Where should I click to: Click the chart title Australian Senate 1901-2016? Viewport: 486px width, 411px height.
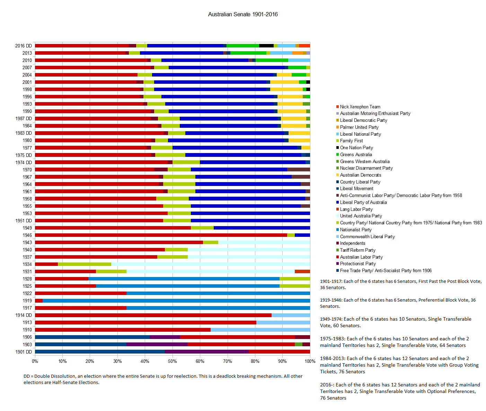point(242,15)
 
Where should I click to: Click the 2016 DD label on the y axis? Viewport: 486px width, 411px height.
point(23,46)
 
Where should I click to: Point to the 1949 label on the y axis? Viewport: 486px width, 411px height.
point(27,228)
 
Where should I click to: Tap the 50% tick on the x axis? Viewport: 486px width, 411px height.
point(172,361)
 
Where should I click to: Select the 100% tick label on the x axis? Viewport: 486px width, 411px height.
point(310,361)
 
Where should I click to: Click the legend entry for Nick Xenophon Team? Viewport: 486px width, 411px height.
point(360,107)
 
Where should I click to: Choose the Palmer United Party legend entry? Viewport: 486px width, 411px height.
point(359,127)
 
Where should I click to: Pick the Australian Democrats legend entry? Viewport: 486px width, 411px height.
point(360,175)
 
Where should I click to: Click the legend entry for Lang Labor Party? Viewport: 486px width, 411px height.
point(356,209)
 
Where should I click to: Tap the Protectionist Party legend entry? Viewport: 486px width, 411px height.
point(357,264)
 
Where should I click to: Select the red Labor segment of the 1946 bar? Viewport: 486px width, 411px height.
point(161,235)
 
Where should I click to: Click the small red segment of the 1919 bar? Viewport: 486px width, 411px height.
point(39,301)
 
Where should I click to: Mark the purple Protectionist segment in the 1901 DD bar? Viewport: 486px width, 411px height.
point(207,352)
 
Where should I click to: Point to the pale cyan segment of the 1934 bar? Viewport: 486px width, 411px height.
point(211,264)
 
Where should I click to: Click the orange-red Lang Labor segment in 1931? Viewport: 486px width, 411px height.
point(302,271)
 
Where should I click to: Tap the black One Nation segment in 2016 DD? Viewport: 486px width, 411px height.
point(266,46)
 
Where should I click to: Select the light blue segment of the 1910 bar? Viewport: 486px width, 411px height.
point(260,330)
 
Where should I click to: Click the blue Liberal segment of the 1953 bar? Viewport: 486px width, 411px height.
point(250,213)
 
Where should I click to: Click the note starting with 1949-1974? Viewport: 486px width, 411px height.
point(395,322)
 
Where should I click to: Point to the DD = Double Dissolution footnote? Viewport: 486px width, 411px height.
point(163,379)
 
